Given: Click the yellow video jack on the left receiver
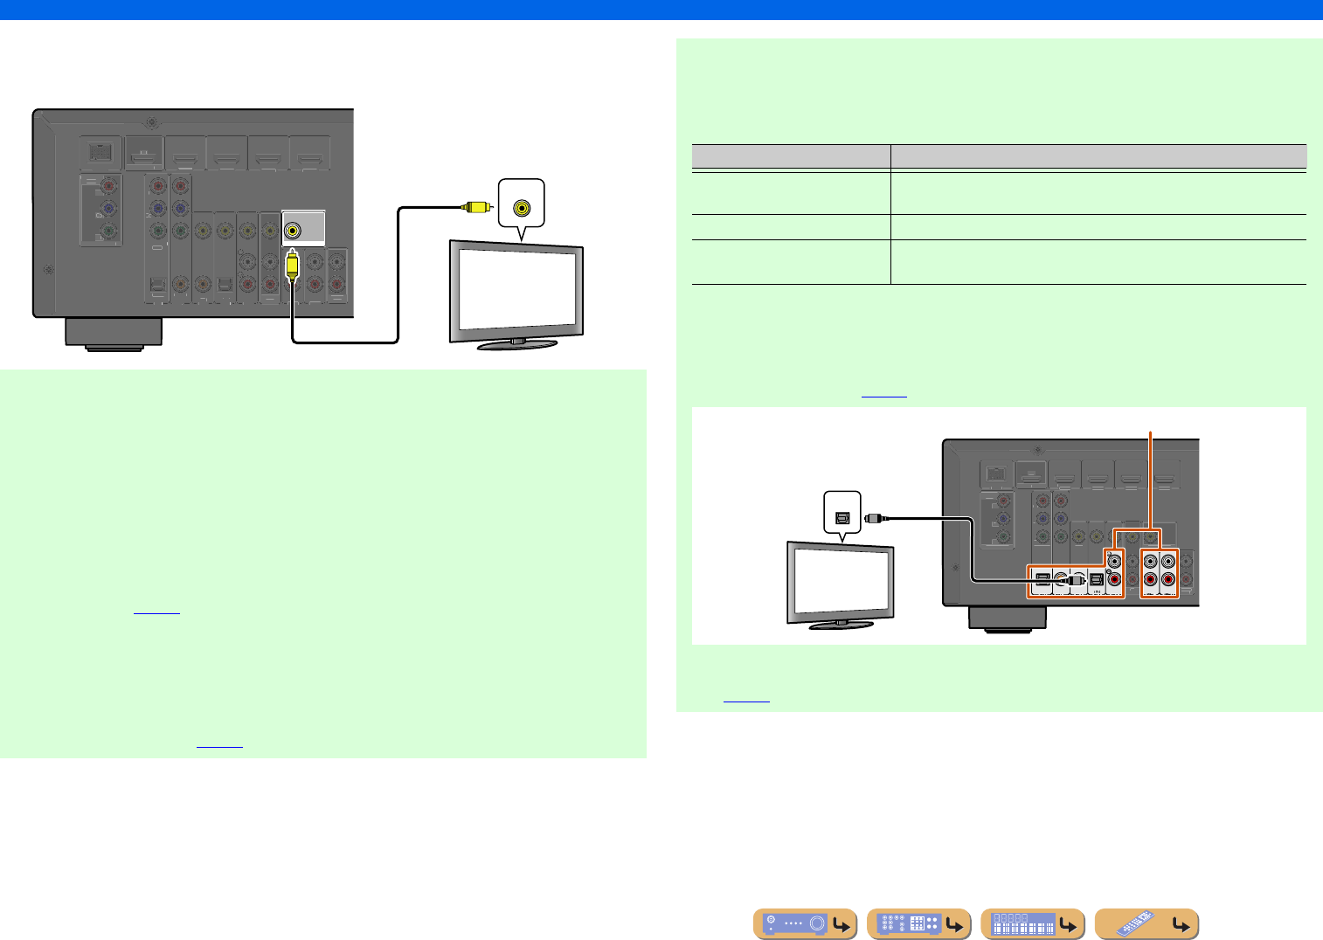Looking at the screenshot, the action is coord(293,231).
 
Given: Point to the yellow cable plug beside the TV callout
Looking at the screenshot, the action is coord(476,207).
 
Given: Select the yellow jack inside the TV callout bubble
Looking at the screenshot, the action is coord(522,208).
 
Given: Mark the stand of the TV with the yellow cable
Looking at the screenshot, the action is coord(517,344).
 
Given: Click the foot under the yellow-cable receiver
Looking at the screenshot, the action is coord(114,334).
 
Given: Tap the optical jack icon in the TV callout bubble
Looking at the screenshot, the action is coord(843,516).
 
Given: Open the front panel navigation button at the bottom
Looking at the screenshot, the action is coord(805,923).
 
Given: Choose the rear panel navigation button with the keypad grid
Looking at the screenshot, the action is coord(918,923).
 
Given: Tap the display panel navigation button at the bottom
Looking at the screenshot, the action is coord(1032,923).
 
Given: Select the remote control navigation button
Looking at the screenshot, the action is coord(1146,923).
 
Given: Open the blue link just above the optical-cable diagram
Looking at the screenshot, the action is coord(884,396).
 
